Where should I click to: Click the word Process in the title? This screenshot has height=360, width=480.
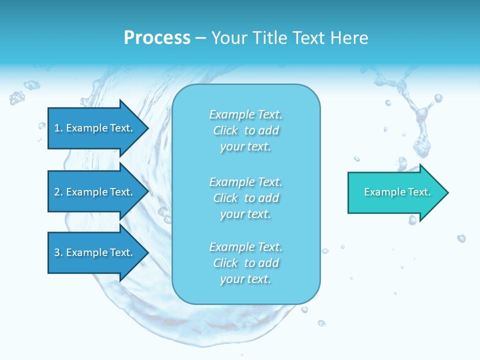click(x=157, y=38)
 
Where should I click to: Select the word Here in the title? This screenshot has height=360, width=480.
click(x=349, y=38)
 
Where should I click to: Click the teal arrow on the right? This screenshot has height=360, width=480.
click(x=395, y=192)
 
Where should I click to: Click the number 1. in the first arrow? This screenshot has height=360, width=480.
click(x=58, y=128)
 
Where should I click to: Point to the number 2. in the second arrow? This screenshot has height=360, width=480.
click(x=58, y=192)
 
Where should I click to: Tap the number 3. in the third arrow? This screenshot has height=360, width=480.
click(x=58, y=252)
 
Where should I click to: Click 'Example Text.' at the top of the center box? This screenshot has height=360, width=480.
click(x=246, y=114)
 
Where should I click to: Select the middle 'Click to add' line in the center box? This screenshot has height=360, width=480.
click(x=246, y=198)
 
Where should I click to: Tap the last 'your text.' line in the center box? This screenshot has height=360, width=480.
click(x=246, y=279)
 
